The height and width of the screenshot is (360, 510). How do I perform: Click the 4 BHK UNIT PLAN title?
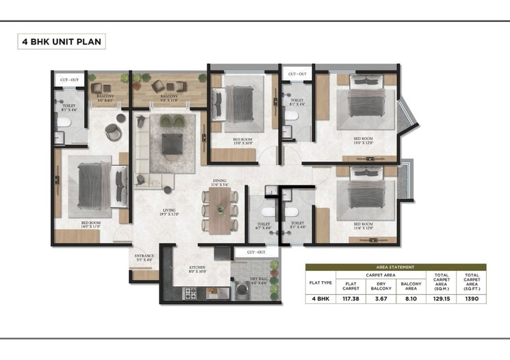(61, 42)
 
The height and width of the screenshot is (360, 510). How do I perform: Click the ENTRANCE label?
(144, 257)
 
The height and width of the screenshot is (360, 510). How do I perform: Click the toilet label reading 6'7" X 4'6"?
(264, 225)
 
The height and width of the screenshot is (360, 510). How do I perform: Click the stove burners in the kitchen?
(190, 293)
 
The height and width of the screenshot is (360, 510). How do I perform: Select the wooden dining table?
(219, 208)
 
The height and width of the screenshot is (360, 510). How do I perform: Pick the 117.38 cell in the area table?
(351, 298)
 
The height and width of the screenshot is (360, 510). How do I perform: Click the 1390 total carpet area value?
(472, 298)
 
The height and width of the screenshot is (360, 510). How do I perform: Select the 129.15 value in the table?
(442, 298)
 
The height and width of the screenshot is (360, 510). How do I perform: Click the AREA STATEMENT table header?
(396, 267)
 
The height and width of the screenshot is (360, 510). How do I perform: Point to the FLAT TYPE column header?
(320, 282)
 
